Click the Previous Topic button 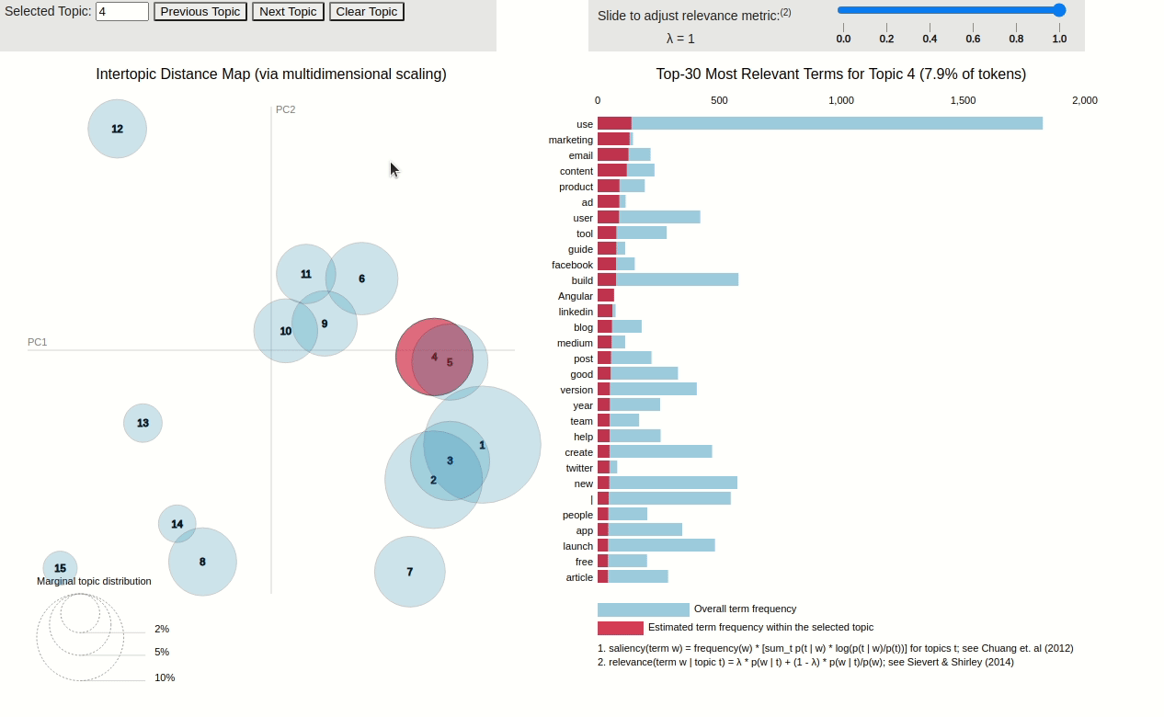point(200,12)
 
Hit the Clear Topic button point(367,12)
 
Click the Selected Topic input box point(122,12)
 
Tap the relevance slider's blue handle point(1059,10)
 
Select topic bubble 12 point(117,129)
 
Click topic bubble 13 point(143,423)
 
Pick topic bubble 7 point(410,572)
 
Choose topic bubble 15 point(60,568)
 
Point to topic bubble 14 point(177,524)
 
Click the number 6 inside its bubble point(361,279)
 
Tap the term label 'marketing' point(571,140)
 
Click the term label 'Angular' point(576,296)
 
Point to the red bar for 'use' point(614,123)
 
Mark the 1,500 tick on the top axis point(963,100)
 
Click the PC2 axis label point(285,109)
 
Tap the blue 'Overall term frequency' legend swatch point(643,609)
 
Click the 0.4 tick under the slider point(930,39)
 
